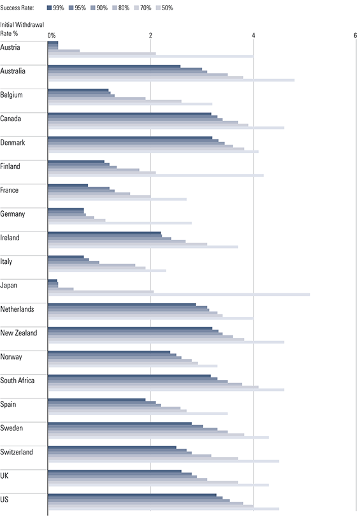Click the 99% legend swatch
point(49,8)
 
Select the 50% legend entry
point(164,8)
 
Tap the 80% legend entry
point(120,8)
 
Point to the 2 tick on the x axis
point(150,36)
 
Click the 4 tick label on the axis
point(254,36)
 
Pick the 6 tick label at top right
point(356,36)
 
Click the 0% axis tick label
point(52,36)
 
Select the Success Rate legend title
point(17,8)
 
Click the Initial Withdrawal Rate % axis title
point(22,29)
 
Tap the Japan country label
point(8,285)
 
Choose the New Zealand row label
point(18,333)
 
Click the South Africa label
point(17,381)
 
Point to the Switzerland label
point(17,452)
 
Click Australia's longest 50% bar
point(171,80)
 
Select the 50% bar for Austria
point(151,56)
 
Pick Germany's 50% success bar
point(120,223)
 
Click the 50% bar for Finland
point(156,175)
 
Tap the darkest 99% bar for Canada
point(130,114)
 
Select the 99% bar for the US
point(132,495)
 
